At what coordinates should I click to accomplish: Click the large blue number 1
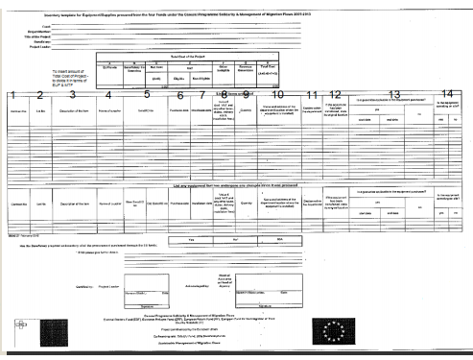(12, 95)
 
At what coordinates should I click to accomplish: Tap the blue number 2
(41, 95)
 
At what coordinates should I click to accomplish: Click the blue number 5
(146, 94)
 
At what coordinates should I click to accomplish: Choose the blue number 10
(278, 94)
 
